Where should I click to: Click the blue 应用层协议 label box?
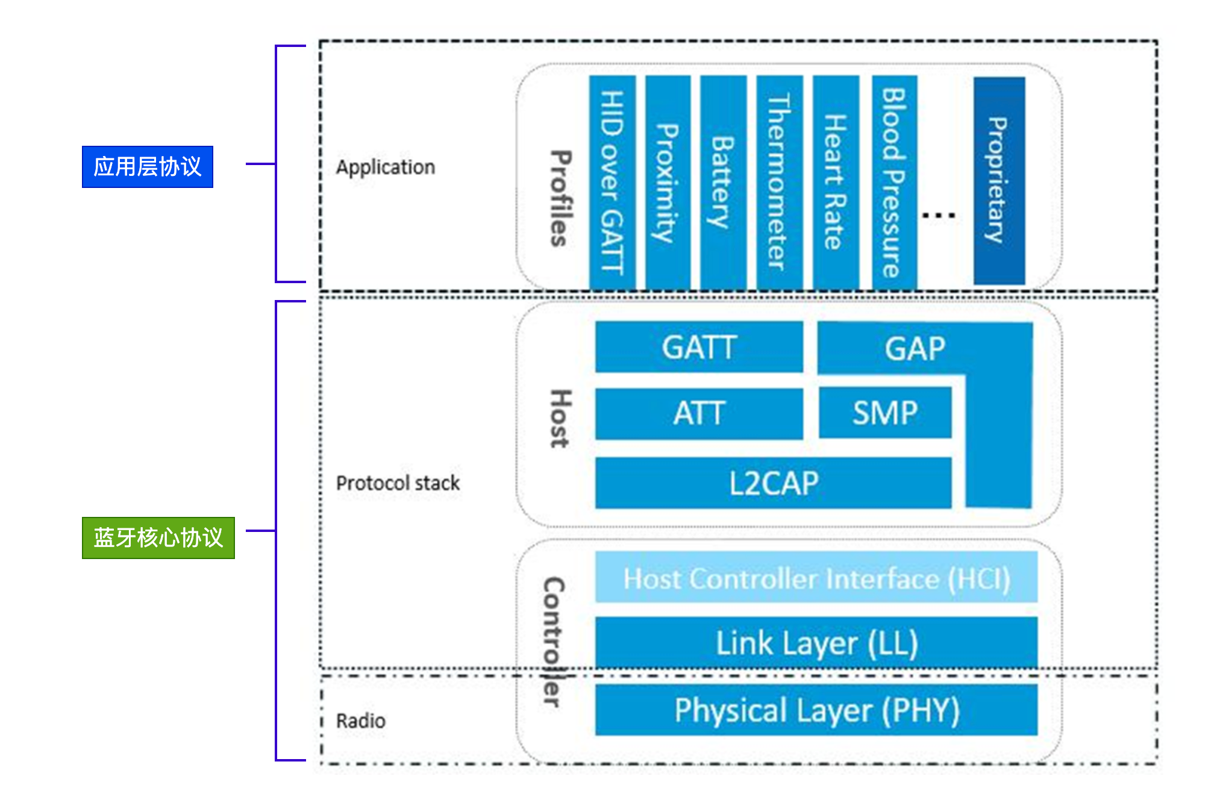pyautogui.click(x=148, y=167)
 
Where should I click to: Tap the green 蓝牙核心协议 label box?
pyautogui.click(x=158, y=537)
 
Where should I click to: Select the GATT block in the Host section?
pyautogui.click(x=699, y=348)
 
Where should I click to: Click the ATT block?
pyautogui.click(x=699, y=413)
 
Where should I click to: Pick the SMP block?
pyautogui.click(x=885, y=413)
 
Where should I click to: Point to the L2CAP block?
pyautogui.click(x=774, y=483)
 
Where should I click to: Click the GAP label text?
pyautogui.click(x=915, y=349)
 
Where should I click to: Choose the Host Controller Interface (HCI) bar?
pyautogui.click(x=816, y=578)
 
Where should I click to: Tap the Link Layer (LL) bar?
pyautogui.click(x=816, y=643)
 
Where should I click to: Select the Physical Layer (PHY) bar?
pyautogui.click(x=816, y=710)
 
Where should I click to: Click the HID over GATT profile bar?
pyautogui.click(x=612, y=181)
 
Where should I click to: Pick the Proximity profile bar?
pyautogui.click(x=668, y=181)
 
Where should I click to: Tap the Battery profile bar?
pyautogui.click(x=723, y=181)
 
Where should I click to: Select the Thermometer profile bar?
pyautogui.click(x=780, y=181)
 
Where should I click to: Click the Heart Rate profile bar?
pyautogui.click(x=836, y=181)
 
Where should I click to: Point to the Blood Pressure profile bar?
pyautogui.click(x=895, y=181)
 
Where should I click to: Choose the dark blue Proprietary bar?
pyautogui.click(x=999, y=180)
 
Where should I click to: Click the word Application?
pyautogui.click(x=386, y=167)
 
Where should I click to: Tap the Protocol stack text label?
pyautogui.click(x=398, y=483)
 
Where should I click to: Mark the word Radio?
pyautogui.click(x=360, y=721)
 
